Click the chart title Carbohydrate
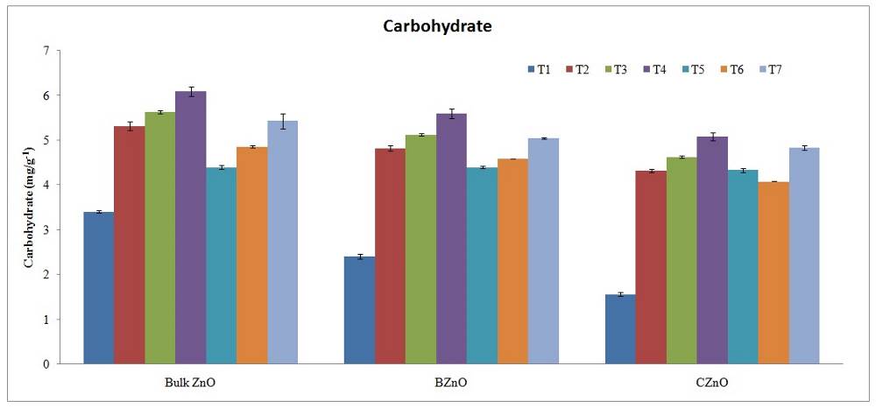click(437, 26)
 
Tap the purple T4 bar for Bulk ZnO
click(190, 227)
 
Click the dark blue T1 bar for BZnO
click(359, 310)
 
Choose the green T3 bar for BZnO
click(420, 249)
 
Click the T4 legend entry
click(652, 69)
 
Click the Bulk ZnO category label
click(189, 383)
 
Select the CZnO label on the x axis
click(712, 383)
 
